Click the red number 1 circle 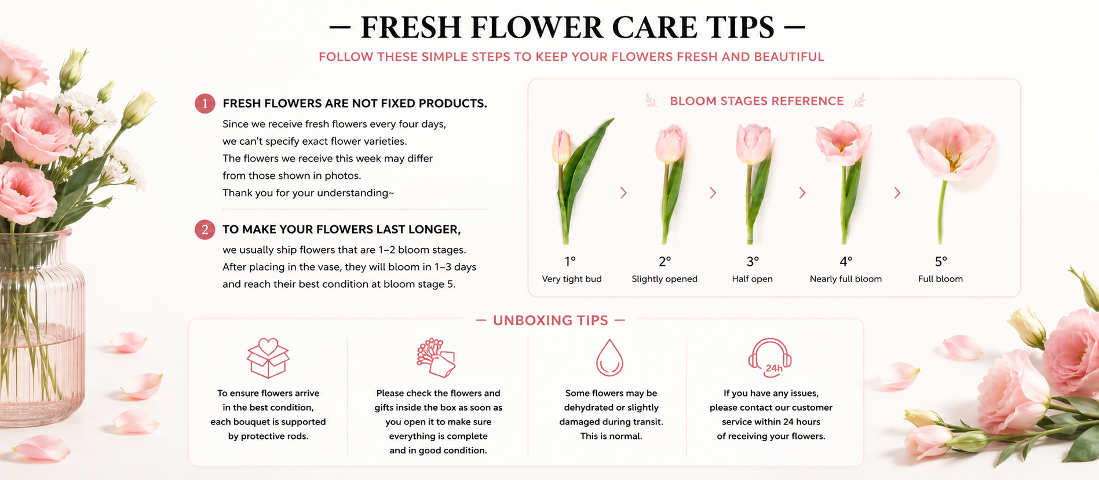coord(205,104)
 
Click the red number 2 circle coord(205,230)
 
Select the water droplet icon coord(609,357)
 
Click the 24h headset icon coord(770,357)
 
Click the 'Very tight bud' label coord(572,279)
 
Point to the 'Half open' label coord(752,279)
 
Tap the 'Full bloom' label coord(940,279)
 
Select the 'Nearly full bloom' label coord(846,279)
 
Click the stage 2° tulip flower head coord(670,145)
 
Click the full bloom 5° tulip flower coord(950,147)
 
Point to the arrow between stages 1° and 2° coord(623,193)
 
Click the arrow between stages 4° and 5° coord(897,193)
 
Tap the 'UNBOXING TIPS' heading coord(550,321)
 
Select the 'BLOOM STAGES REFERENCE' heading coord(757,101)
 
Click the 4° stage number coord(846,262)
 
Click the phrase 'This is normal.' coord(611,436)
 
